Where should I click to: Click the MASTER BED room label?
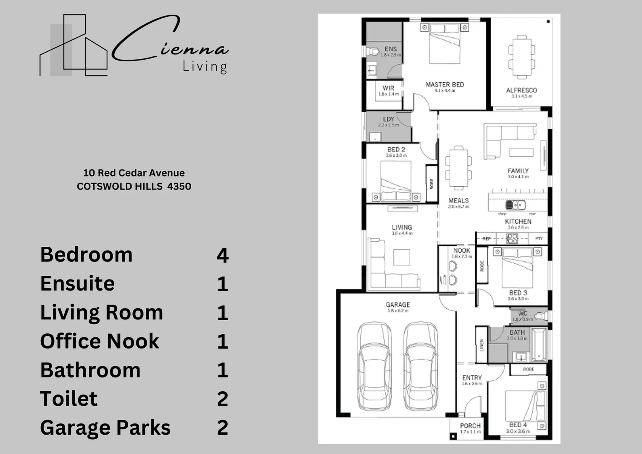[x=445, y=84]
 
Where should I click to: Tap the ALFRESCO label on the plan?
[x=521, y=90]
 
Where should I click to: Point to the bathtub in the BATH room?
[x=538, y=346]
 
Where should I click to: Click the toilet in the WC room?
[x=540, y=316]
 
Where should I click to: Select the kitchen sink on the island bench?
[x=515, y=205]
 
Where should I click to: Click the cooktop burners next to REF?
[x=512, y=238]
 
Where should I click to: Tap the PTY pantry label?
[x=539, y=238]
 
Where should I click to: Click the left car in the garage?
[x=375, y=367]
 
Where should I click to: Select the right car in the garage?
[x=421, y=367]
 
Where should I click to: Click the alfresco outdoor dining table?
[x=521, y=56]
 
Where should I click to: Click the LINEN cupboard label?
[x=481, y=345]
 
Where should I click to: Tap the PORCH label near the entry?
[x=470, y=426]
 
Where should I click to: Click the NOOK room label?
[x=461, y=251]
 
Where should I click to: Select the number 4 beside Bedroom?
[x=222, y=255]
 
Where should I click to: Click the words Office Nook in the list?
[x=100, y=341]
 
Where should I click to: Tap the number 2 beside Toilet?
[x=222, y=399]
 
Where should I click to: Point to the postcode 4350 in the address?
[x=179, y=186]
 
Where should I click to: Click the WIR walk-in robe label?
[x=388, y=88]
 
